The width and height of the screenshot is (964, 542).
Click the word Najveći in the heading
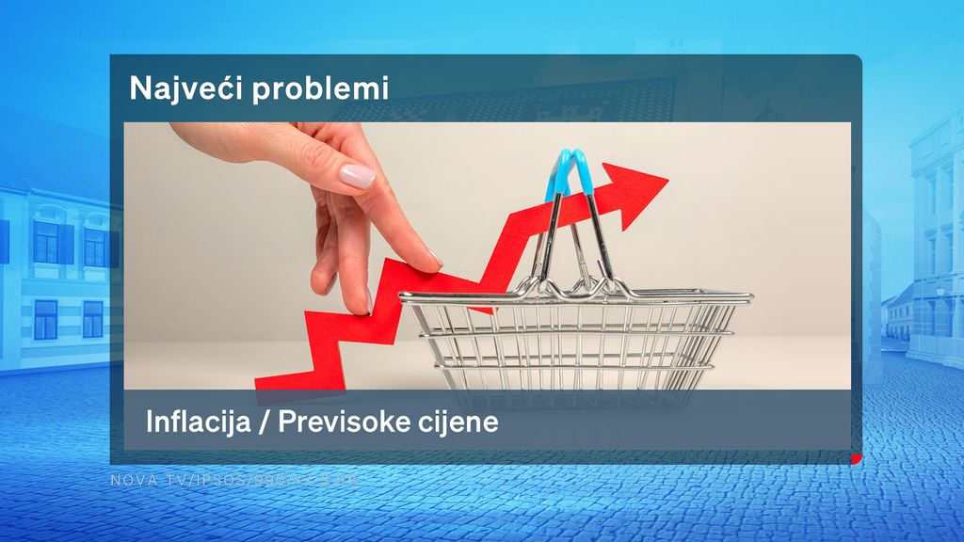click(175, 88)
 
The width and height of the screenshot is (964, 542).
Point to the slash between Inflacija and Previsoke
click(264, 422)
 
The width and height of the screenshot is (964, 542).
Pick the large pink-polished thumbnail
click(357, 176)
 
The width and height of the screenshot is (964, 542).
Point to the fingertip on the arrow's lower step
click(358, 304)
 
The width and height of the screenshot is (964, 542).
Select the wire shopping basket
click(574, 339)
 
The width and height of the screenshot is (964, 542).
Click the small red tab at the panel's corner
click(857, 458)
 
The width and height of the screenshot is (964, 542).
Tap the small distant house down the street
click(899, 315)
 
